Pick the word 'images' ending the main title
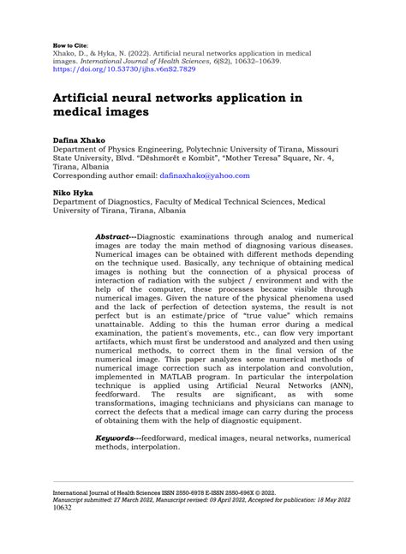click(124, 111)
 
